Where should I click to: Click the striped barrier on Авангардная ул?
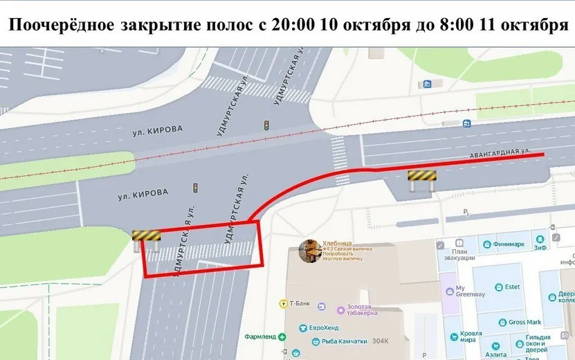point(421,177)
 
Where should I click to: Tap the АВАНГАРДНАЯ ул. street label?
point(500,152)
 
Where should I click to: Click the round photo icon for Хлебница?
point(309,251)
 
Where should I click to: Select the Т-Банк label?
point(298,304)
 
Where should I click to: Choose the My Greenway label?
point(468,290)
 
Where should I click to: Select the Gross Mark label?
point(524,322)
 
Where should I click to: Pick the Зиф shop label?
point(540,245)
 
